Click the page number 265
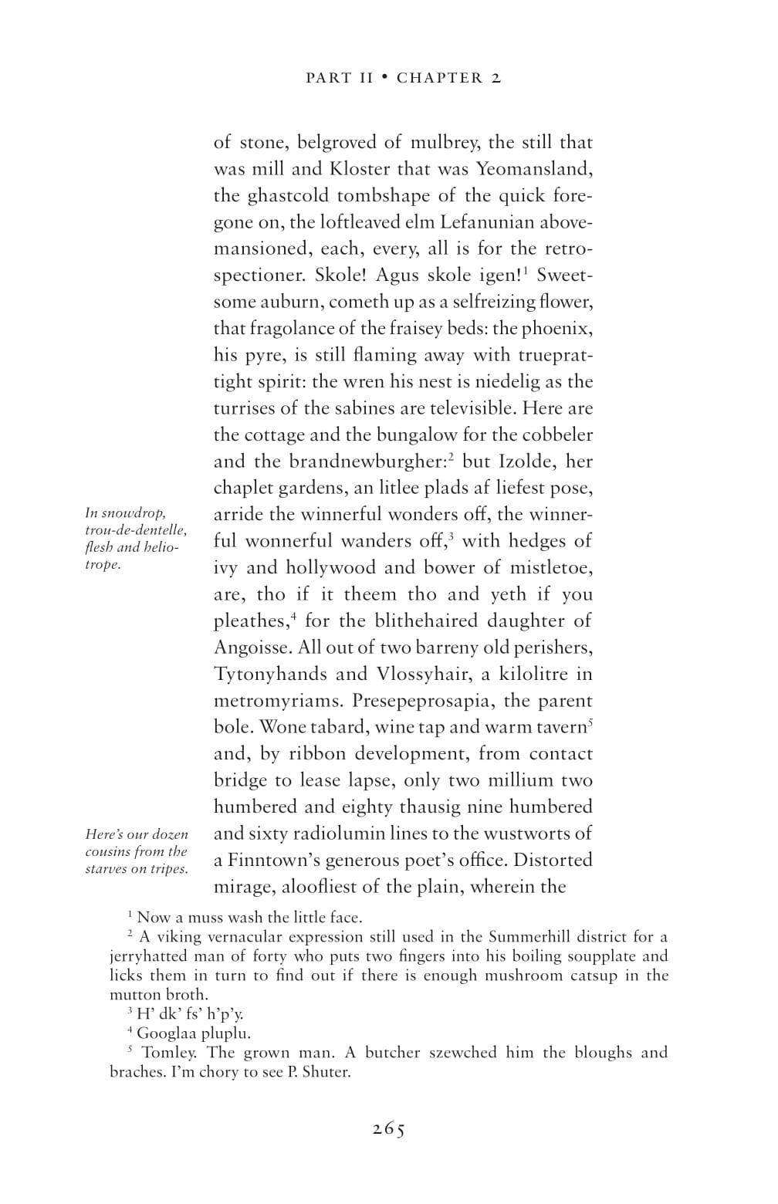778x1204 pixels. click(x=389, y=1128)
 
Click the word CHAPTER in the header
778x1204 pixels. click(x=440, y=78)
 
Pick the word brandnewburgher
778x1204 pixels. click(x=368, y=462)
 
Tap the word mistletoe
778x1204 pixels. click(x=551, y=568)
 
